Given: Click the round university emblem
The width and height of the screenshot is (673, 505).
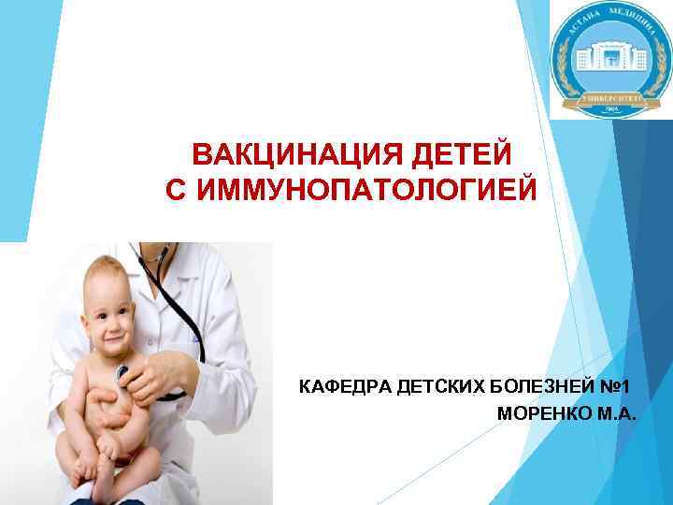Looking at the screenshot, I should [608, 59].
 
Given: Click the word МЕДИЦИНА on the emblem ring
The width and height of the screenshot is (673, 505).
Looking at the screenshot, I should [636, 28].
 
